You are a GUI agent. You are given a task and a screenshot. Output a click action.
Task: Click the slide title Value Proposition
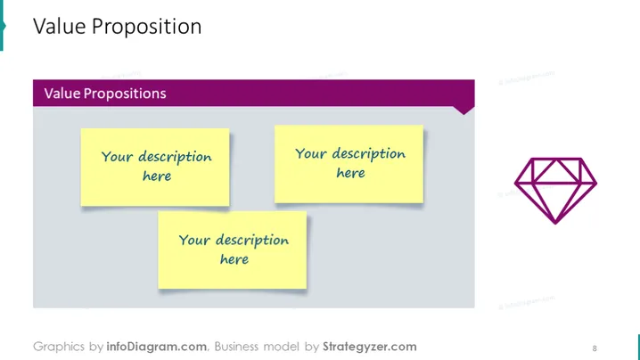pyautogui.click(x=117, y=27)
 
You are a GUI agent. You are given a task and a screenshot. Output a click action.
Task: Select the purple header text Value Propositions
pyautogui.click(x=105, y=94)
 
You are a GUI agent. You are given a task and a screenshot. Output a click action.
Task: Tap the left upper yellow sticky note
pyautogui.click(x=155, y=168)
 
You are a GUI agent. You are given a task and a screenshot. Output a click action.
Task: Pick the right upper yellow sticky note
pyautogui.click(x=349, y=164)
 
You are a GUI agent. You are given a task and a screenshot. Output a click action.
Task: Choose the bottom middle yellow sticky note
pyautogui.click(x=233, y=250)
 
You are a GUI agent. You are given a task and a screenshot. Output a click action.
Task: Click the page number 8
pyautogui.click(x=595, y=348)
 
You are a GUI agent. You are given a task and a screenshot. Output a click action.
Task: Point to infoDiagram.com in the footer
pyautogui.click(x=156, y=347)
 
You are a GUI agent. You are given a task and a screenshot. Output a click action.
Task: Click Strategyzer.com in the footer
pyautogui.click(x=370, y=347)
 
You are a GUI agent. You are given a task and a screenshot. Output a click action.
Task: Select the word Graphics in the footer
pyautogui.click(x=59, y=347)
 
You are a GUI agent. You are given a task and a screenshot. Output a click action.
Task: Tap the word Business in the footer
pyautogui.click(x=236, y=347)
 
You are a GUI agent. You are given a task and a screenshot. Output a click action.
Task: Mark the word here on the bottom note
pyautogui.click(x=234, y=259)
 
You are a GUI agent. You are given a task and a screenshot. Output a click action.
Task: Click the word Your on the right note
pyautogui.click(x=311, y=153)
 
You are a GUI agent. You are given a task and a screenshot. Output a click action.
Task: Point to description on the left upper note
pyautogui.click(x=175, y=158)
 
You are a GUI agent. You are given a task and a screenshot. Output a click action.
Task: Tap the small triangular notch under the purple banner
pyautogui.click(x=464, y=110)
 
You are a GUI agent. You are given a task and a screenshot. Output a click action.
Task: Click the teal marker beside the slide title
pyautogui.click(x=2, y=25)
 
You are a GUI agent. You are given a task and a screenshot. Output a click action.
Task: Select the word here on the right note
pyautogui.click(x=350, y=173)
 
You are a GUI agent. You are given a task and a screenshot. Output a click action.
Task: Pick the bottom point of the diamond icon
pyautogui.click(x=555, y=224)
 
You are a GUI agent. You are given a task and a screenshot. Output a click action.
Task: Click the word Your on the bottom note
pyautogui.click(x=194, y=240)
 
